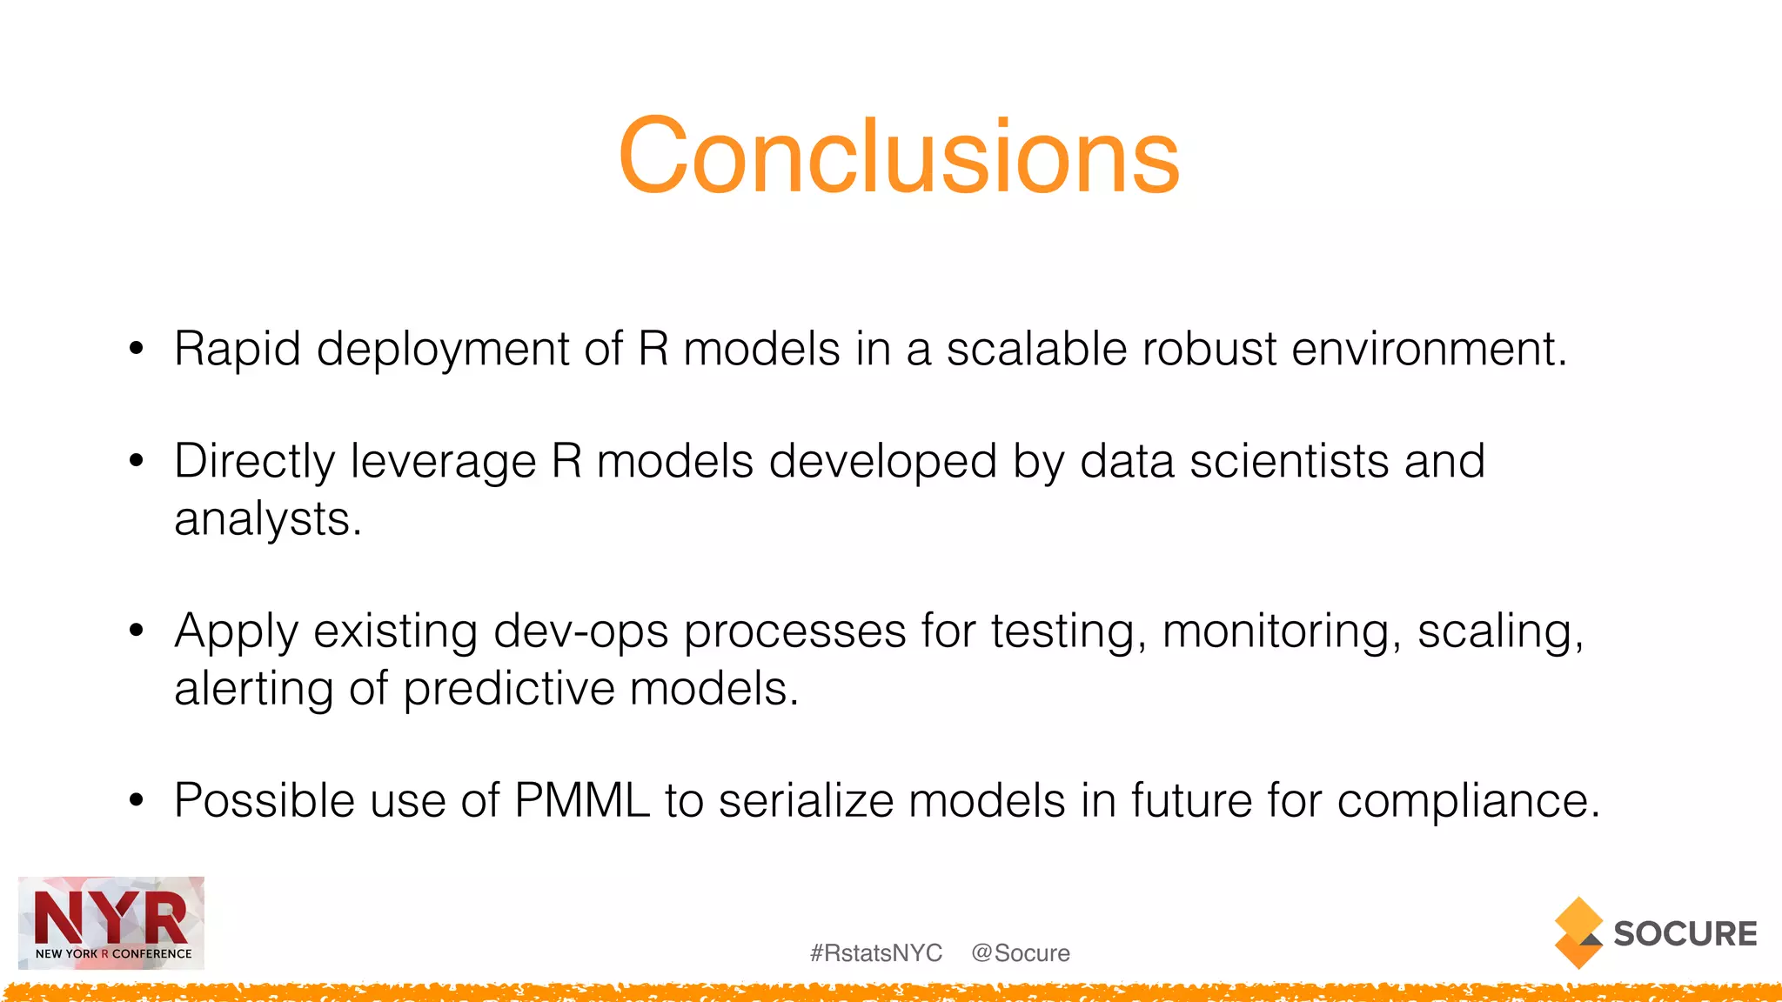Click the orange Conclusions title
tap(899, 157)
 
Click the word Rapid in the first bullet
tap(237, 350)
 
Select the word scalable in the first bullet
tap(1036, 350)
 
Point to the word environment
tap(1428, 350)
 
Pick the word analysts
tap(266, 519)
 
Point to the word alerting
tap(253, 689)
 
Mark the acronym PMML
tap(582, 800)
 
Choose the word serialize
tap(806, 800)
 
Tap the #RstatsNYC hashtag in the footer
tap(876, 953)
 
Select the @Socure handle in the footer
tap(1021, 953)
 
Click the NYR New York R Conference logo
tap(111, 923)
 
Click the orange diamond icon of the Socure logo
tap(1578, 932)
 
